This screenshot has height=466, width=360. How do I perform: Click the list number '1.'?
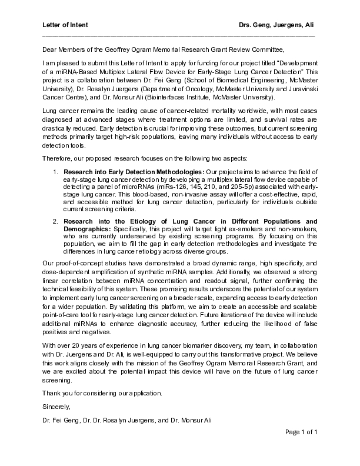point(54,171)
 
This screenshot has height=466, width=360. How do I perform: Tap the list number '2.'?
point(54,221)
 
